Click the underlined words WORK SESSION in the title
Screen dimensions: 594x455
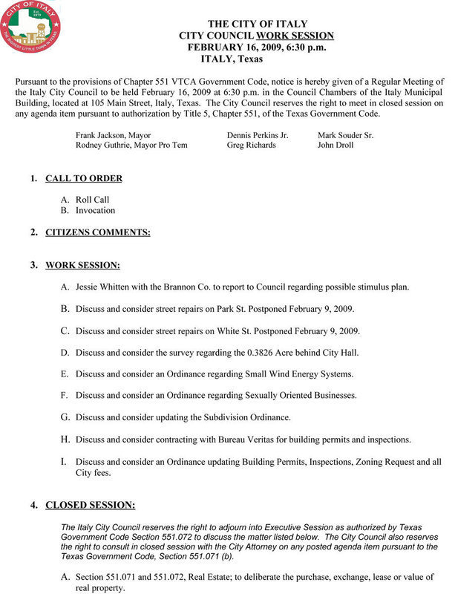tap(295, 36)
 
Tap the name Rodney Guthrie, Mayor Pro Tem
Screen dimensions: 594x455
tap(131, 146)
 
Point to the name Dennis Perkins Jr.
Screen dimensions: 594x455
tap(257, 136)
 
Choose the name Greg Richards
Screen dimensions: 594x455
tap(251, 146)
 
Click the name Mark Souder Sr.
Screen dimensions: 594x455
tap(345, 136)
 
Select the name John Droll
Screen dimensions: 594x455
tap(335, 146)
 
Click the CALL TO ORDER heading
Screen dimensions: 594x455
tap(84, 179)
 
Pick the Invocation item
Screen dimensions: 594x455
tap(95, 211)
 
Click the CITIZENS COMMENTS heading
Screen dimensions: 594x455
tap(97, 232)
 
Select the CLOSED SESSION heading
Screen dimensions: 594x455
tap(91, 485)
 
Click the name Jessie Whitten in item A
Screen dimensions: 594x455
tap(103, 287)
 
